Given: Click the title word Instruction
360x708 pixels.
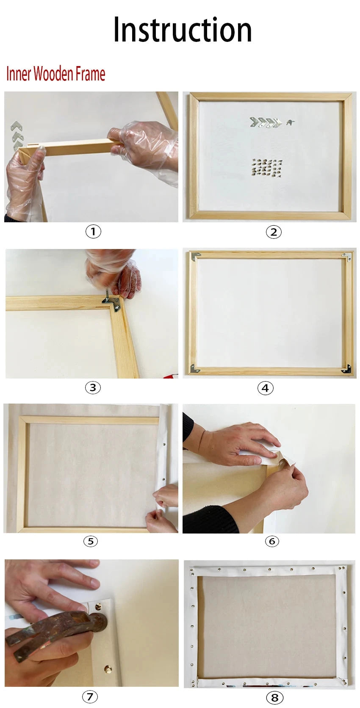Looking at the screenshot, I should pos(182,30).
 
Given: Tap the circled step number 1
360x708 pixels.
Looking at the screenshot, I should pos(93,231).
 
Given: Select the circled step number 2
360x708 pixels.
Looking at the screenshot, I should pos(274,232).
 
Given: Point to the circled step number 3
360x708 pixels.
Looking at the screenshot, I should pos(93,387).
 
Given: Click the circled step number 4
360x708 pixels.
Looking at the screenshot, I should pos(265,387).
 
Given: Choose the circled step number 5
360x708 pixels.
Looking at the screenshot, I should pos(91,541).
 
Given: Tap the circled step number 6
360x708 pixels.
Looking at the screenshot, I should pos(272,541).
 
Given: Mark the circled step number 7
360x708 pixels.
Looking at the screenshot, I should pos(89,696).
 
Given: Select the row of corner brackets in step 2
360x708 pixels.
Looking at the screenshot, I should pos(266,123).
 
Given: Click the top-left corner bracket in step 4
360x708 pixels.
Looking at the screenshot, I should pos(195,256).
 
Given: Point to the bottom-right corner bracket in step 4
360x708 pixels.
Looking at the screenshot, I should pos(346,369).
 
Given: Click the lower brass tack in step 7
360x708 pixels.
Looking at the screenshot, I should pos(106,669).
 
